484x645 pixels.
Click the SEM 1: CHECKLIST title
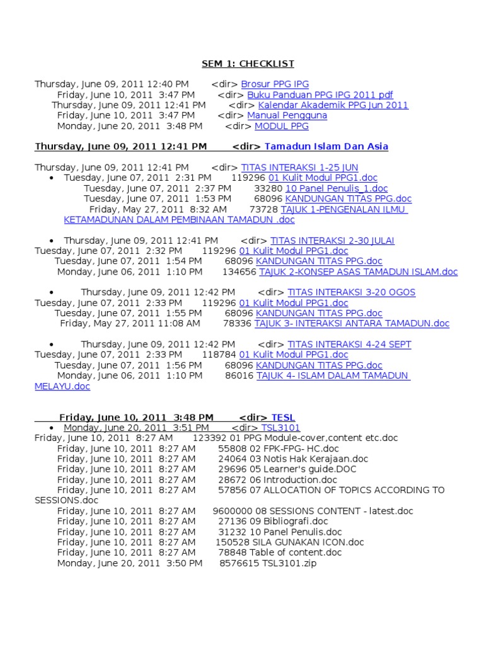click(x=248, y=64)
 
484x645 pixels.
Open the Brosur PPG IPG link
click(x=275, y=84)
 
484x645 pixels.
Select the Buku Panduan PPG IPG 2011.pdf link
click(x=320, y=95)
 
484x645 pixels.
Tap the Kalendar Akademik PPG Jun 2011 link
click(x=333, y=105)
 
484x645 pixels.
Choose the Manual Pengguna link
click(x=287, y=116)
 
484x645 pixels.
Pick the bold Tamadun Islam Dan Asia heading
click(x=326, y=147)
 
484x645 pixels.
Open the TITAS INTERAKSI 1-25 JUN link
click(x=299, y=168)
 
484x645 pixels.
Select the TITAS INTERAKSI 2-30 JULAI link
click(x=332, y=241)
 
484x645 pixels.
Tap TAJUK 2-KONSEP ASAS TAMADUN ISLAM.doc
click(x=358, y=272)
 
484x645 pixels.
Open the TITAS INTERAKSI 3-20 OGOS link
click(x=351, y=292)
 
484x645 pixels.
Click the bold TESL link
click(x=283, y=418)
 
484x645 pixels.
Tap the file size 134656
click(x=239, y=272)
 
